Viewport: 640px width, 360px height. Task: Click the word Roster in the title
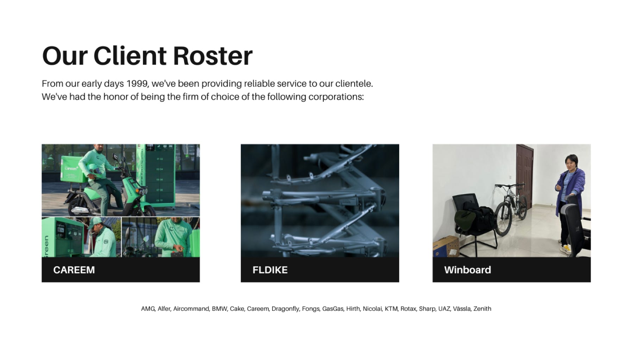pos(213,56)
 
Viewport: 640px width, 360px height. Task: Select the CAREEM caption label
pos(74,270)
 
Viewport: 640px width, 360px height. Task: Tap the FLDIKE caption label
pos(270,270)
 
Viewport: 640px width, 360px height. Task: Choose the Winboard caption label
pos(468,270)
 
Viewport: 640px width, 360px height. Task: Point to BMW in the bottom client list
pos(220,309)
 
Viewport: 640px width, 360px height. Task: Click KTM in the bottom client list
pos(391,309)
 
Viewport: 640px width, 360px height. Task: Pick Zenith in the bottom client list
pos(482,309)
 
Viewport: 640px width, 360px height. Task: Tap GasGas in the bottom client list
pos(333,309)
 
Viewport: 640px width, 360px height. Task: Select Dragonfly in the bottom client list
pos(285,309)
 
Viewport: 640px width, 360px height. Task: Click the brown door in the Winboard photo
pos(525,176)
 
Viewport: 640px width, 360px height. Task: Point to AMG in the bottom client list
pos(148,309)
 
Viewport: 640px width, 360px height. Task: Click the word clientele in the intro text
pos(354,84)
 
